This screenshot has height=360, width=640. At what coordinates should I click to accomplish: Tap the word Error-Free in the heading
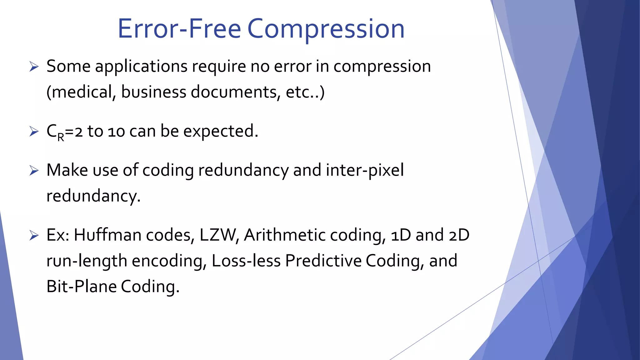[x=179, y=29]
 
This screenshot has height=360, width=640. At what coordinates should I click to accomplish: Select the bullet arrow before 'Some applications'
[x=34, y=67]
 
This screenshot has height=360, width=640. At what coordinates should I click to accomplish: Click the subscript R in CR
[x=61, y=137]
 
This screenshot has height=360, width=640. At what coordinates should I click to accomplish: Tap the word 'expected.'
[x=221, y=131]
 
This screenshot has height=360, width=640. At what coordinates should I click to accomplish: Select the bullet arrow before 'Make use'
[x=34, y=171]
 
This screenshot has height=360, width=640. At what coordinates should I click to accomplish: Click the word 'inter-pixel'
[x=364, y=171]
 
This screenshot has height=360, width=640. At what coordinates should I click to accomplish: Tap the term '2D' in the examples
[x=459, y=235]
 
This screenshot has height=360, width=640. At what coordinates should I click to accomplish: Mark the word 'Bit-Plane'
[x=81, y=287]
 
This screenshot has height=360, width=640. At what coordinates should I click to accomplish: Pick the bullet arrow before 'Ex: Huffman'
[x=34, y=235]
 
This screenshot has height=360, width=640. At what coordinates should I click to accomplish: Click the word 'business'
[x=154, y=92]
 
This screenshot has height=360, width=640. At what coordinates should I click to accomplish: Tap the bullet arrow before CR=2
[x=34, y=131]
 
